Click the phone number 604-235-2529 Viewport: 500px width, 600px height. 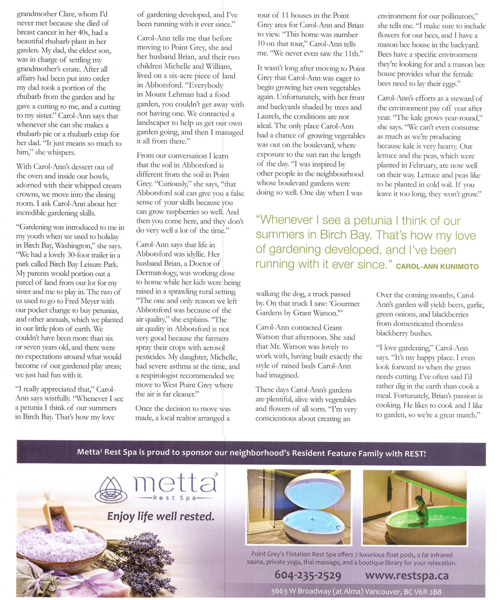coord(308,575)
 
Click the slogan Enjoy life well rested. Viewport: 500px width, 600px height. coord(161,516)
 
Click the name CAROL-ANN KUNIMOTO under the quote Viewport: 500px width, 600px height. coord(437,267)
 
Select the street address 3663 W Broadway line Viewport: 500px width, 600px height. coord(356,591)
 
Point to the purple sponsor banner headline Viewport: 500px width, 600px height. coord(251,453)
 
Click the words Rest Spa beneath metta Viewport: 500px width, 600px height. coord(175,498)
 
